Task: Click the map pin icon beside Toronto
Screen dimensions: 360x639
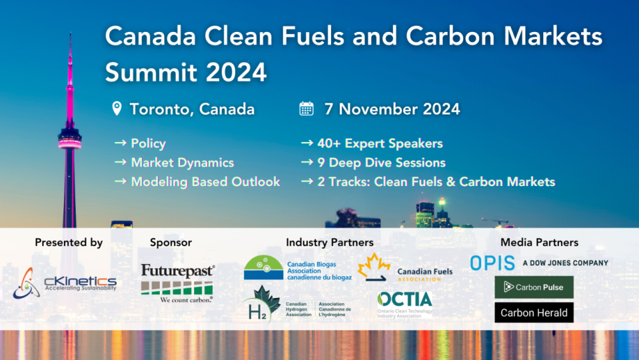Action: (x=117, y=108)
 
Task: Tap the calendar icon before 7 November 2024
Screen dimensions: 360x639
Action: (x=307, y=108)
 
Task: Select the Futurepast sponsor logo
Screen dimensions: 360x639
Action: (x=178, y=282)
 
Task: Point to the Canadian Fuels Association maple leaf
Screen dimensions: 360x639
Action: (x=374, y=268)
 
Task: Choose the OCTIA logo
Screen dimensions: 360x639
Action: (x=404, y=302)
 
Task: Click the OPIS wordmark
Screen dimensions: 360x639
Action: (x=492, y=263)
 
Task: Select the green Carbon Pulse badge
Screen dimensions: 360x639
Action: (x=534, y=287)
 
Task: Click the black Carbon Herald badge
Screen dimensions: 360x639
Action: (x=534, y=313)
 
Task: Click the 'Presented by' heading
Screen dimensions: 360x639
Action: (x=69, y=242)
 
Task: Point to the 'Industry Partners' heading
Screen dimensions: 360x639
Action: (x=330, y=242)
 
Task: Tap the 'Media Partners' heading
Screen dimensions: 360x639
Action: (x=539, y=242)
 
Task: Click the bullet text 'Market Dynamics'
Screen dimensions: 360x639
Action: (x=182, y=162)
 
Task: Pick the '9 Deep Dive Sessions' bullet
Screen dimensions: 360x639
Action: (x=381, y=162)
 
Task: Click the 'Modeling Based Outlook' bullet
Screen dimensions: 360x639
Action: (x=205, y=182)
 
